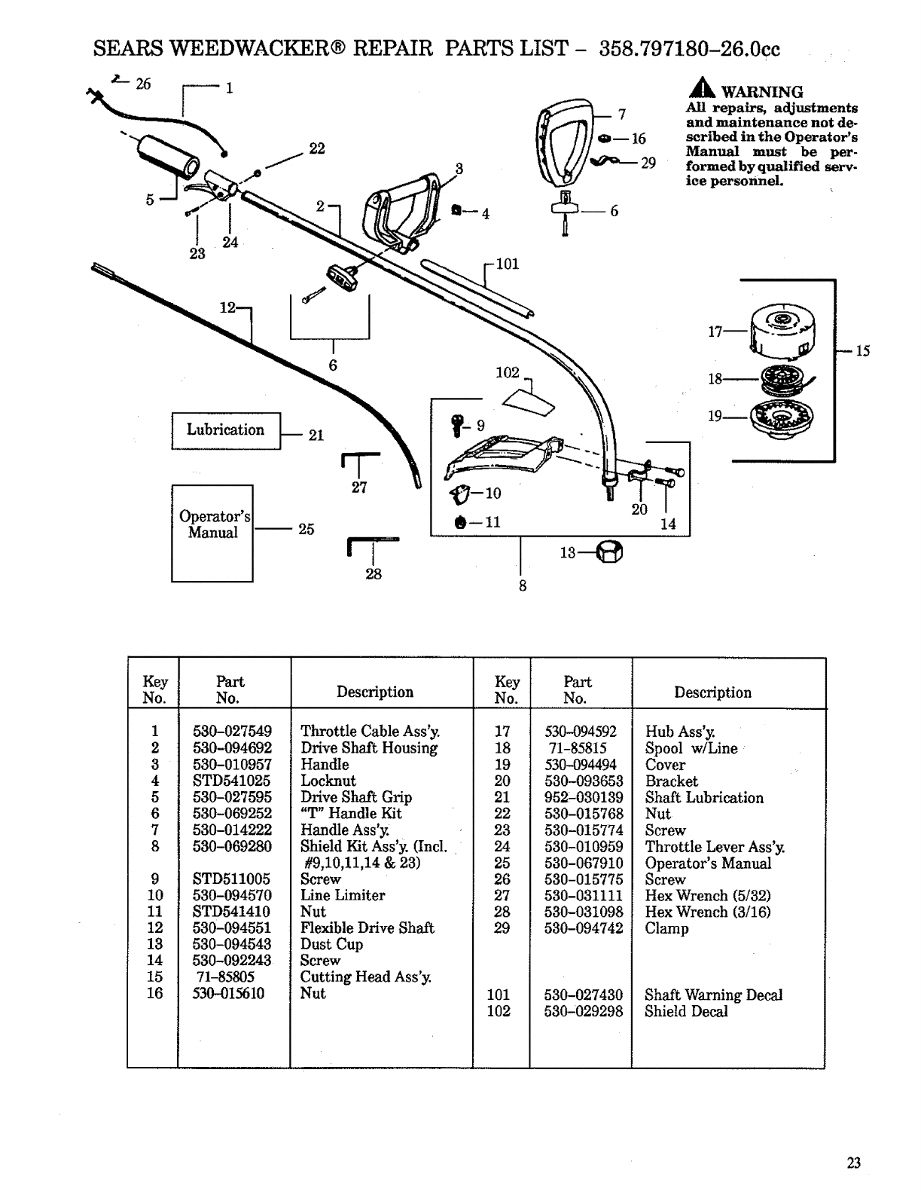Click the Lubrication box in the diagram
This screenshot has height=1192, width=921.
[x=226, y=431]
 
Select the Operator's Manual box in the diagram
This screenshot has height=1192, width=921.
[x=212, y=532]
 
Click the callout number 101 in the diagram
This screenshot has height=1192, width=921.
[x=508, y=264]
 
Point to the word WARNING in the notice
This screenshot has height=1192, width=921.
[x=762, y=92]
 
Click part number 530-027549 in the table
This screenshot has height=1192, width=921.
[x=232, y=731]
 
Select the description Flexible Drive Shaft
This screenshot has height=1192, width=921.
[x=367, y=928]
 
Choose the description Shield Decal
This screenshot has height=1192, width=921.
[x=686, y=1011]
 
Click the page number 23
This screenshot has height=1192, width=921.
[x=853, y=1163]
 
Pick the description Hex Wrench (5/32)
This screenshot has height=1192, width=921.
[x=708, y=895]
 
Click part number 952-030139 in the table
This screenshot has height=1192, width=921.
[x=584, y=797]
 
